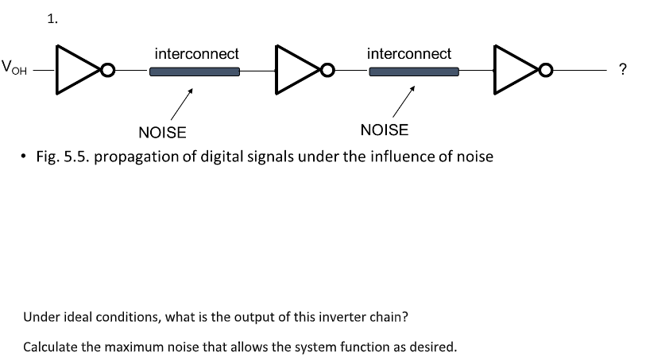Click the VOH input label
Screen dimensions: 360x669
[15, 68]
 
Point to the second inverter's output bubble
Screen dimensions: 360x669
[325, 72]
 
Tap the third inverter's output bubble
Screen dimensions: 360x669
[545, 72]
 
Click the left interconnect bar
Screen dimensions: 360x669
[195, 72]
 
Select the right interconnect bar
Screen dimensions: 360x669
[414, 72]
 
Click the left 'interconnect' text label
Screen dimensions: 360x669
[196, 54]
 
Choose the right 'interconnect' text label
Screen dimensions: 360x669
[409, 54]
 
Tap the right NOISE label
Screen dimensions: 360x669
[384, 130]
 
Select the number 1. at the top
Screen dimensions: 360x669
[52, 20]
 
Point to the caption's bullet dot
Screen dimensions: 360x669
[25, 156]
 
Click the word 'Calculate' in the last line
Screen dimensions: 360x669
[51, 347]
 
